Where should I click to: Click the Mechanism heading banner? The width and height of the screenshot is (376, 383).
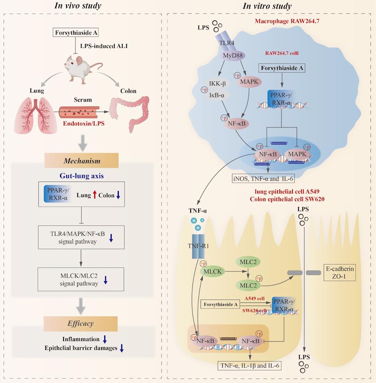82,161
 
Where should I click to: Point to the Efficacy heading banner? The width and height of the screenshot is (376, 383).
80,323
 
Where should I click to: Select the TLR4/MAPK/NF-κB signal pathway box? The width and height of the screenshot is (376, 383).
81,237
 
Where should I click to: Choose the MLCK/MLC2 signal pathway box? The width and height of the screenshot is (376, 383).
81,279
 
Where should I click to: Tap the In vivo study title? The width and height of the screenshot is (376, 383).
80,6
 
